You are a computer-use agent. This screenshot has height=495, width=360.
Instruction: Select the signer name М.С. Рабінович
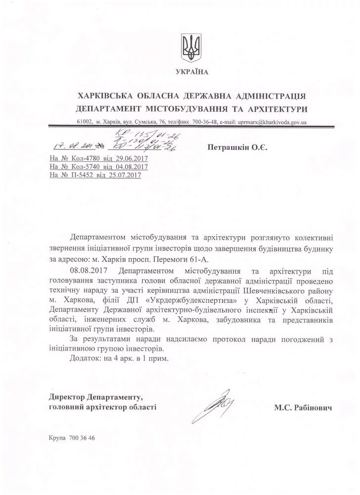(x=302, y=408)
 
